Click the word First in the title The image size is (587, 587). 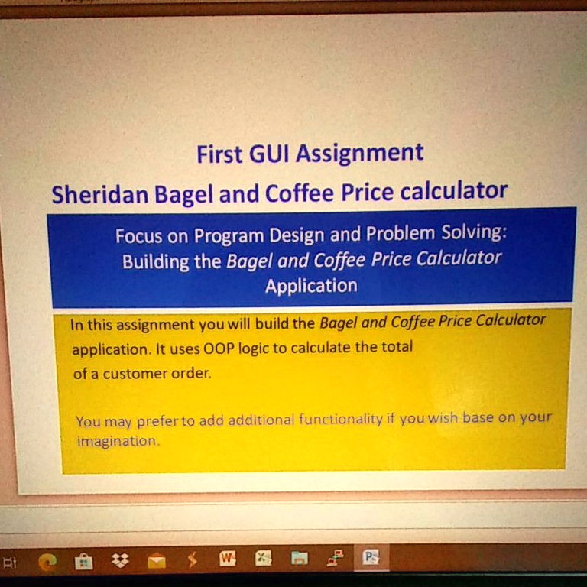point(219,155)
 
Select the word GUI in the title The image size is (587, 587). point(268,154)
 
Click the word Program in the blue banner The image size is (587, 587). point(229,235)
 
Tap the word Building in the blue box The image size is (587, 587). point(155,262)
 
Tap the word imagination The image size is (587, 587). point(116,442)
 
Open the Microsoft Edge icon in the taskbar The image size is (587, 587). point(47,562)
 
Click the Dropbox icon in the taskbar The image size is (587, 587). point(120,561)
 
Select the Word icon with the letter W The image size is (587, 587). point(228,559)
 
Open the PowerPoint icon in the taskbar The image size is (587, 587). point(371,558)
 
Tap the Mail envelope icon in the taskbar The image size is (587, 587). point(157,562)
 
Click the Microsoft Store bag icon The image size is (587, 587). point(83,562)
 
